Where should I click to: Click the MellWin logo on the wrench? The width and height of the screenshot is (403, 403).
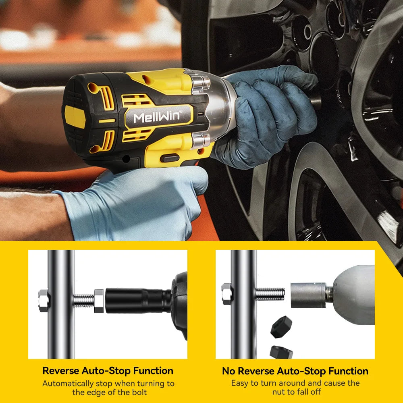[x=160, y=117]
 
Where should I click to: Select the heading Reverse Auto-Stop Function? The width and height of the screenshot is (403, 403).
[x=108, y=371]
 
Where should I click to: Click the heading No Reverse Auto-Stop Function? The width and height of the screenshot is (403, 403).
[x=295, y=371]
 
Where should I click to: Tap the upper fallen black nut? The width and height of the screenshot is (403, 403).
[x=281, y=327]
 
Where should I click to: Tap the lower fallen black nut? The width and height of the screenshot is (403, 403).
[x=281, y=352]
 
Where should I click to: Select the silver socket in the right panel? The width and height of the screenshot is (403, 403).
[x=308, y=295]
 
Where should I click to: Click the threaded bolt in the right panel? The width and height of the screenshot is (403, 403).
[x=270, y=294]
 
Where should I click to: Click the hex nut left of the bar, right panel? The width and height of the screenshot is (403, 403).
[x=227, y=293]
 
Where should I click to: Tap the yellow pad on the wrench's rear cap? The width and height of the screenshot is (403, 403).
[x=75, y=117]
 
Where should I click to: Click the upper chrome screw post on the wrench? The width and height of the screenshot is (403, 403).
[x=200, y=83]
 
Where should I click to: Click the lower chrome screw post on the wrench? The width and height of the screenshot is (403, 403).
[x=200, y=141]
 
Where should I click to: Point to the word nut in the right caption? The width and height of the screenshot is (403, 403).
[x=280, y=392]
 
